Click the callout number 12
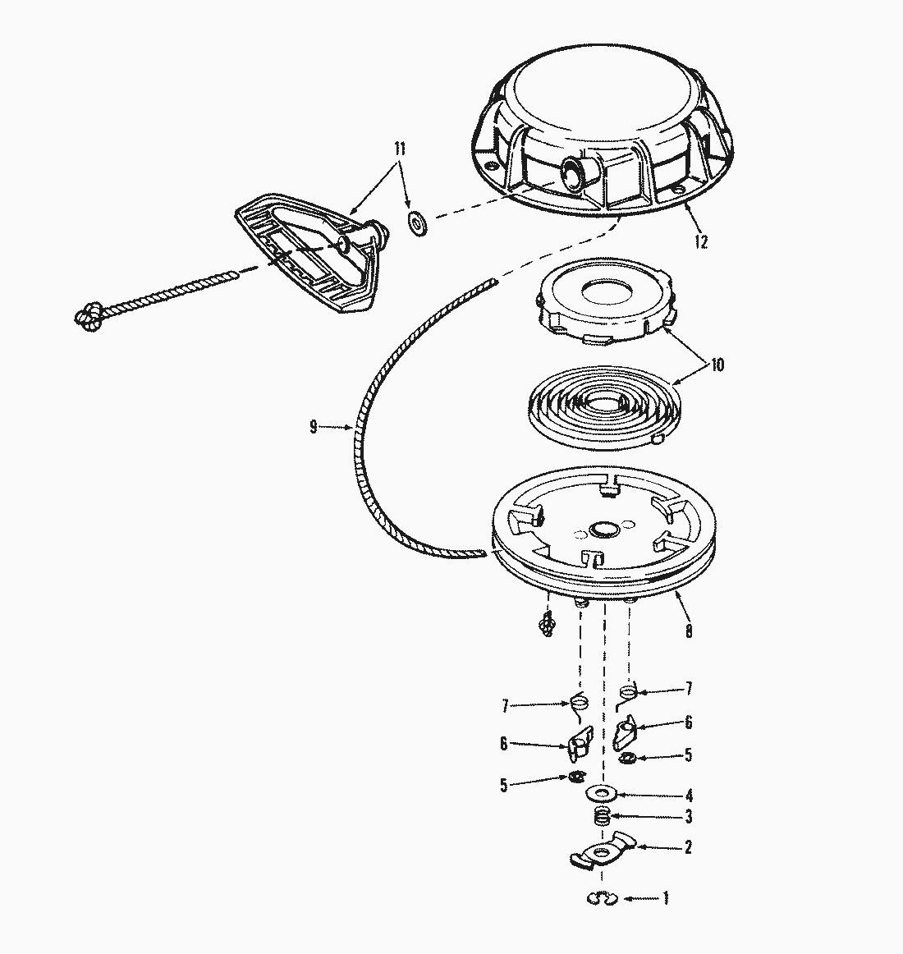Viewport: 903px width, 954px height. pos(701,241)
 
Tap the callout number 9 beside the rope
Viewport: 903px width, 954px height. pos(314,427)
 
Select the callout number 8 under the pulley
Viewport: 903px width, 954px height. pos(688,631)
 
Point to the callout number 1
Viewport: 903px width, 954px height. pos(666,898)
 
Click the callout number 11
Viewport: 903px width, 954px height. pos(399,149)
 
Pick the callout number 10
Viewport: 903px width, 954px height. pos(717,365)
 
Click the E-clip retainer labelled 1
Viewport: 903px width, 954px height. pos(603,898)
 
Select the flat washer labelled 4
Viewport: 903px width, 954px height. pos(602,793)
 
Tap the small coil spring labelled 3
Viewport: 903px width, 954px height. pos(602,817)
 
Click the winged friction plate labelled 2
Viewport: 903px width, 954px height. pos(603,850)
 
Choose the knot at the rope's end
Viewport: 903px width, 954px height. pos(89,316)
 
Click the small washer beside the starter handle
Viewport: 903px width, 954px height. pos(418,222)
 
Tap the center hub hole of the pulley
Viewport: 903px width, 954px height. pos(605,529)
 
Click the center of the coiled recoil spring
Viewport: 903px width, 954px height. pos(603,403)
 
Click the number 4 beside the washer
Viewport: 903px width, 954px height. pos(689,796)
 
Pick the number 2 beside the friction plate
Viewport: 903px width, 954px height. pos(688,847)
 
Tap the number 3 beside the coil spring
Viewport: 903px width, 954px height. pos(689,817)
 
